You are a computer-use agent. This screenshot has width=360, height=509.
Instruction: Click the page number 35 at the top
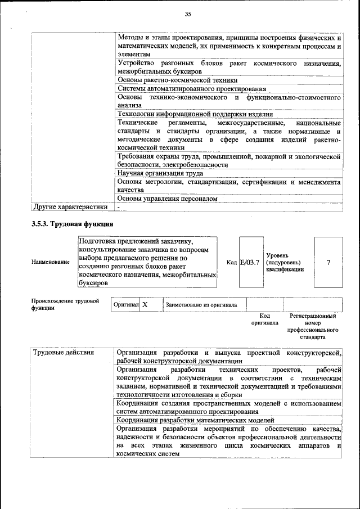click(x=188, y=14)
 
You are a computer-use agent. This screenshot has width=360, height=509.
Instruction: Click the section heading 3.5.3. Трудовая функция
click(x=73, y=224)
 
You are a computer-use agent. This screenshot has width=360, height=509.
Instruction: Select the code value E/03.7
click(x=250, y=262)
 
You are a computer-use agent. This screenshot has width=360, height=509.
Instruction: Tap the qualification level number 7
click(x=328, y=262)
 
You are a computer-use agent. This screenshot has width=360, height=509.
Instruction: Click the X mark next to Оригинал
click(x=145, y=305)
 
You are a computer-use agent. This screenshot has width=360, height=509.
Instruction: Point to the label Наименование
click(x=47, y=263)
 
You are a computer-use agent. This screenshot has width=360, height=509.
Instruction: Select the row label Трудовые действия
click(x=63, y=353)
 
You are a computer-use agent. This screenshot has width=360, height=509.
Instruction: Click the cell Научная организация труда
click(x=160, y=173)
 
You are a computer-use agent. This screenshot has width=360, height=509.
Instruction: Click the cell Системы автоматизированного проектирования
click(x=191, y=88)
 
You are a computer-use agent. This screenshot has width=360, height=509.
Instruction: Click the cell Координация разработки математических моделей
click(x=195, y=420)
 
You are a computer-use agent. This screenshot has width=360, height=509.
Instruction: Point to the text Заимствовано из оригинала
click(x=201, y=305)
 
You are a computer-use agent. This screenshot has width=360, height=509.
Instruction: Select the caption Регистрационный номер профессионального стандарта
click(x=312, y=327)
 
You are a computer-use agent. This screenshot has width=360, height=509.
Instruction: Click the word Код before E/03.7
click(x=231, y=262)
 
